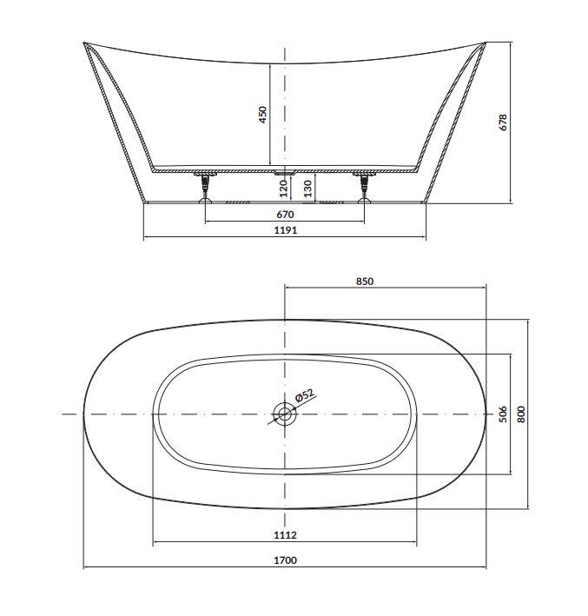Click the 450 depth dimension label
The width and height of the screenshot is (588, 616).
tap(263, 115)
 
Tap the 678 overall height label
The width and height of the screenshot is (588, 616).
tap(503, 123)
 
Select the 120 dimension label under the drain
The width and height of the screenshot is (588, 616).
tap(284, 189)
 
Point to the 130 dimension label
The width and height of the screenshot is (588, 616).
tap(307, 189)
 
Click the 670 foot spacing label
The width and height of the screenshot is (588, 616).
tap(285, 215)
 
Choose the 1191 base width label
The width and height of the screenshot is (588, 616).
tap(286, 230)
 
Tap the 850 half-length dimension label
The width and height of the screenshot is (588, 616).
tap(365, 282)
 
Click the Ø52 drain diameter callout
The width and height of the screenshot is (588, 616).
tap(305, 394)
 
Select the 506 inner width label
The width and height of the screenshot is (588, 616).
tap(503, 414)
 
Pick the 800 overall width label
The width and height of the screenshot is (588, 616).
tap(521, 414)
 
